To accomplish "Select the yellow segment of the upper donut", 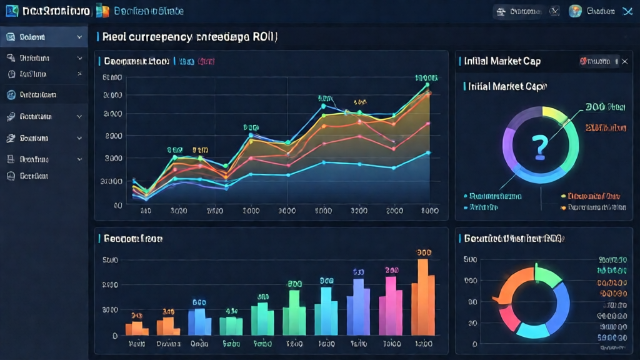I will [554, 116].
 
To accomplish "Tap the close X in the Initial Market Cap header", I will [624, 61].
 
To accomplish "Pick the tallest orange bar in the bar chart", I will [423, 297].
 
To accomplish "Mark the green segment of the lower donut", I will [549, 276].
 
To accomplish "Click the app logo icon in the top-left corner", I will [11, 11].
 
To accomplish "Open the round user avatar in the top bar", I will [575, 11].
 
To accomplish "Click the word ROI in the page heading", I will [262, 37].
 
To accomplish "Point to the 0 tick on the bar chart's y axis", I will [114, 336].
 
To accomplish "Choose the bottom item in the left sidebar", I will [34, 176].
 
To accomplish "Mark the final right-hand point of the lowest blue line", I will [427, 152].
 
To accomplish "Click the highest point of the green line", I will [427, 84].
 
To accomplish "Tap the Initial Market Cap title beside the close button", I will [502, 61].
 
